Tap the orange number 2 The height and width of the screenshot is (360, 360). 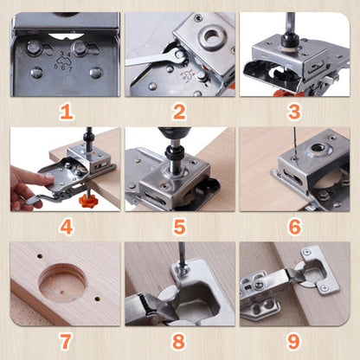click(x=179, y=111)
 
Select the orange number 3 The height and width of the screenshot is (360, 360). click(x=293, y=111)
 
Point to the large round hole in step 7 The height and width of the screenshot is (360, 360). click(x=62, y=281)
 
